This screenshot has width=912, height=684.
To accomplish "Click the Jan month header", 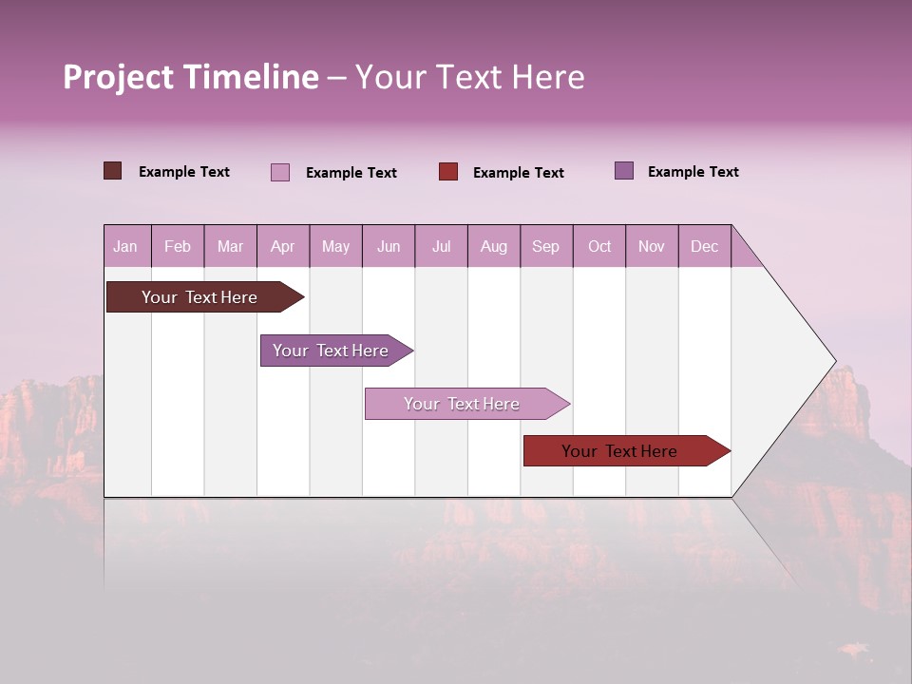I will click(125, 247).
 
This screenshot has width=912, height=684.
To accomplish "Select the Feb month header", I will click(178, 247).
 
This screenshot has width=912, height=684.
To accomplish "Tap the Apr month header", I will click(282, 247).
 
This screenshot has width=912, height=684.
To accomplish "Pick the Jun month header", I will click(389, 247).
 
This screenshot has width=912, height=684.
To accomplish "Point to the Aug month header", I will click(494, 247).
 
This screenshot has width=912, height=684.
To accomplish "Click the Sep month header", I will click(545, 247).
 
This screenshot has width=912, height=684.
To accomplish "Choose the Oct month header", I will click(599, 247).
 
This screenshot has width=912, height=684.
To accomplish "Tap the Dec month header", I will click(704, 247).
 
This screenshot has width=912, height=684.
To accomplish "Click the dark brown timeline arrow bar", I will click(199, 297).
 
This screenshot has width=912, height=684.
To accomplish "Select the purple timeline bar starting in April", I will click(331, 351).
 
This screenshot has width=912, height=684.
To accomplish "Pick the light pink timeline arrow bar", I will click(462, 404).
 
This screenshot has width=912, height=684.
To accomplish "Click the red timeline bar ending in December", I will click(619, 451).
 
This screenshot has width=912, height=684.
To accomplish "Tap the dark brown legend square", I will click(113, 171).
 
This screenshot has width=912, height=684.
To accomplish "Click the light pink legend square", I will click(280, 172).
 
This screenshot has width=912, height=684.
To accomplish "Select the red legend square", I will click(448, 172).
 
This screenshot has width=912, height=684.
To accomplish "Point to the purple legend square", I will click(624, 171).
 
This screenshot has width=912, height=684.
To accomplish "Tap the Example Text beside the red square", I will click(518, 173).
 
